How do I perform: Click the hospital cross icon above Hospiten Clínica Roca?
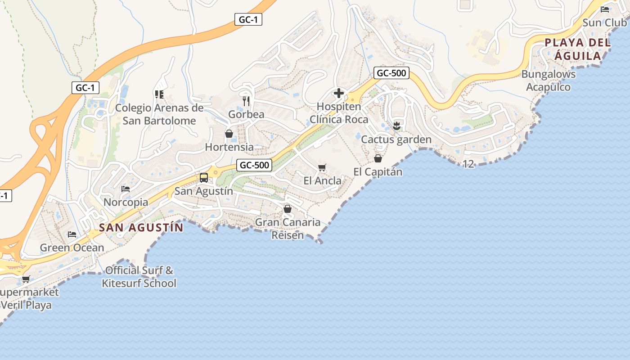tap(339, 93)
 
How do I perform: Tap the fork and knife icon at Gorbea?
tap(246, 101)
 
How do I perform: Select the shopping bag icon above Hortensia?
tap(229, 134)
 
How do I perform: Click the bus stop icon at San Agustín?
tap(204, 178)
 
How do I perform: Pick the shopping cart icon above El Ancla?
tap(322, 168)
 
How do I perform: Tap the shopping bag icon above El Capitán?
tap(378, 158)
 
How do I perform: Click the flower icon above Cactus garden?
tap(396, 126)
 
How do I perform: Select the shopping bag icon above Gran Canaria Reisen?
tap(288, 209)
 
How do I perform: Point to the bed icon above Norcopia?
tap(126, 189)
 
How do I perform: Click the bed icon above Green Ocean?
tap(72, 234)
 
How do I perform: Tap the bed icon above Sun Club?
tap(605, 9)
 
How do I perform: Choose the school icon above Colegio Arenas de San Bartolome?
tap(159, 94)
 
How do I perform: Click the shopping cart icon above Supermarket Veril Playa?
tap(26, 279)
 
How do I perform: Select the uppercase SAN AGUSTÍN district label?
tap(141, 228)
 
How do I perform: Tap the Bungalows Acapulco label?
tap(549, 81)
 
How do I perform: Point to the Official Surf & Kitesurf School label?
tap(139, 277)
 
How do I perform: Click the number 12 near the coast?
tap(468, 164)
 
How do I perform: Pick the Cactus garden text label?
tap(396, 139)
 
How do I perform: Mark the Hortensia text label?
tap(229, 147)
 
